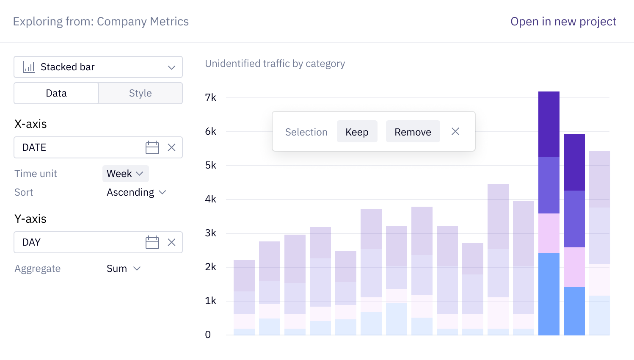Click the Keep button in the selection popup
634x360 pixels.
(357, 132)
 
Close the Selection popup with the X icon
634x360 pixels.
(455, 132)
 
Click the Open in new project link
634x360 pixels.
(563, 22)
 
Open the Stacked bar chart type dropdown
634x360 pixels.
(98, 67)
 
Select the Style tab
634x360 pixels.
(141, 93)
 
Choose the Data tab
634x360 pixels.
(56, 93)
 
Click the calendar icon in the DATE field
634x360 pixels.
(152, 147)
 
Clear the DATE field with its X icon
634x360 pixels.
(171, 147)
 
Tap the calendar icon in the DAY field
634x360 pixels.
(152, 242)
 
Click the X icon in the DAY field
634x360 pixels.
(171, 242)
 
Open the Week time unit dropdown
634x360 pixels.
(125, 174)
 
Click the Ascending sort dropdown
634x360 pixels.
(136, 192)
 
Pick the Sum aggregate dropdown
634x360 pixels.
(123, 269)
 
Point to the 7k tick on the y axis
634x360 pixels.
(210, 97)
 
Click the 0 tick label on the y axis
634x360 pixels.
(208, 335)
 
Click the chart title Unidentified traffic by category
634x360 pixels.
(275, 64)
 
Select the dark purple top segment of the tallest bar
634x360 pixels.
(549, 124)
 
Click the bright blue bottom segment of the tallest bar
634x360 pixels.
(549, 294)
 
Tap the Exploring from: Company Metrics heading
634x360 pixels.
(101, 22)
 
